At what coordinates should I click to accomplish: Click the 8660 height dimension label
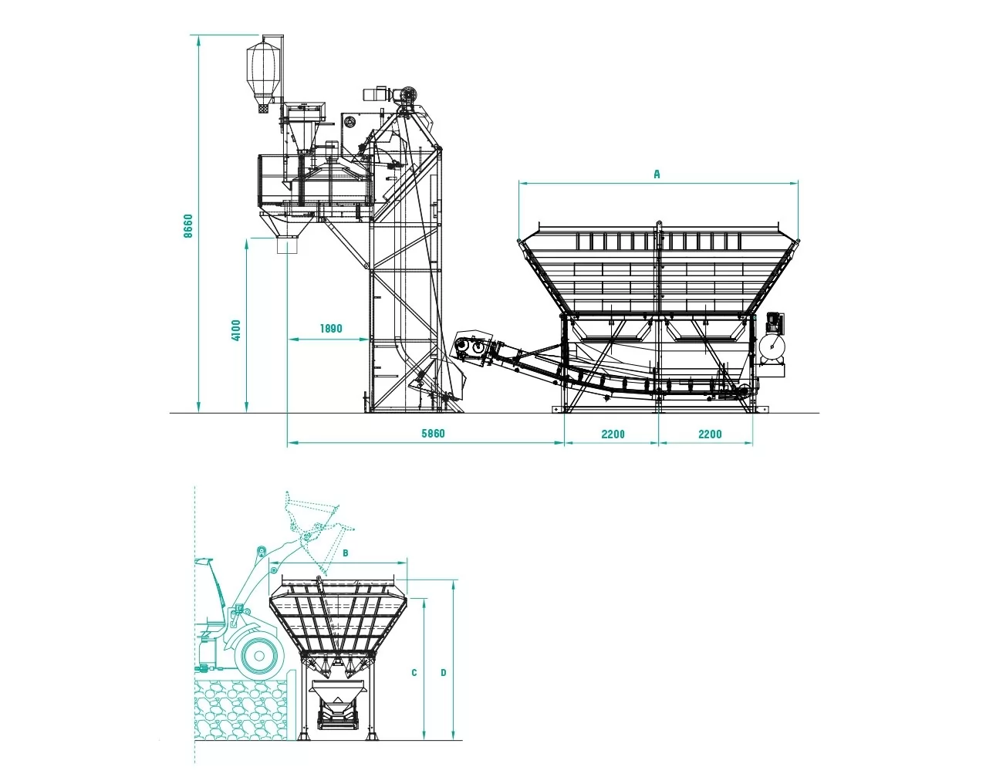[x=187, y=226]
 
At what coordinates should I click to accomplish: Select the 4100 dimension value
[x=236, y=330]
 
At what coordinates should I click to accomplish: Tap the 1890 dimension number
[x=331, y=329]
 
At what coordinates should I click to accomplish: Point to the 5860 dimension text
[x=433, y=434]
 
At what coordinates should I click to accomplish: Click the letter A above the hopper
[x=657, y=174]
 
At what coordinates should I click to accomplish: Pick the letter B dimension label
[x=345, y=553]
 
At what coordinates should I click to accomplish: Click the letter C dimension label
[x=414, y=673]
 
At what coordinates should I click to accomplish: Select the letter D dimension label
[x=443, y=673]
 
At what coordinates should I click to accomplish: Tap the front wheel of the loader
[x=259, y=656]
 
